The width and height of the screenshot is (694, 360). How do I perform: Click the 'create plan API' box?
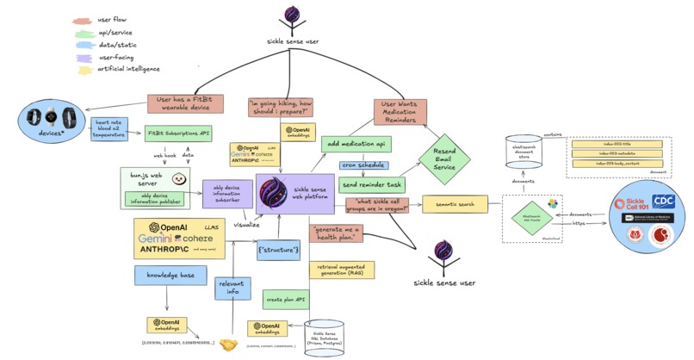(286, 300)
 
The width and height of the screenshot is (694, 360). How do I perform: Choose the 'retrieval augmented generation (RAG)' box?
(341, 270)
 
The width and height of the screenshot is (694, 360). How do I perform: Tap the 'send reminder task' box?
(372, 183)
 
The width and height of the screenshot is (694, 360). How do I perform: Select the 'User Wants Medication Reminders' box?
(400, 111)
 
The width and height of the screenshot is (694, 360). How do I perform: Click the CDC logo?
(662, 202)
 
